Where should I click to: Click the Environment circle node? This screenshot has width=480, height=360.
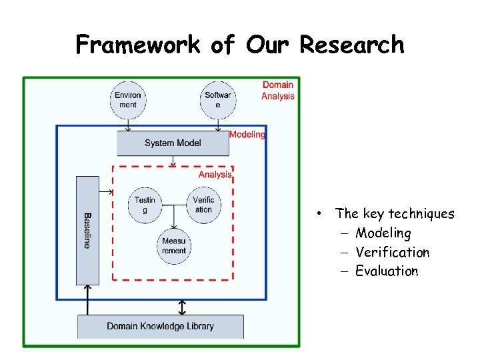click(128, 100)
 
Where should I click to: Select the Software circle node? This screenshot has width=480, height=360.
click(218, 100)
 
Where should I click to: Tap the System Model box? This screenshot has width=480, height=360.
click(173, 143)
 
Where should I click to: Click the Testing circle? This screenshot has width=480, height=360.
click(145, 205)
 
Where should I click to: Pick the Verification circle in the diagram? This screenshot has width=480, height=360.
click(203, 205)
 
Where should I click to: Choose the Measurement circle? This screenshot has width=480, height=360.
click(174, 246)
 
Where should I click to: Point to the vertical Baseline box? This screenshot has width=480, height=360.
click(87, 230)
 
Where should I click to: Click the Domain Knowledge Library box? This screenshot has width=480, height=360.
click(161, 326)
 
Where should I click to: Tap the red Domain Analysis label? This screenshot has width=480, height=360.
click(277, 91)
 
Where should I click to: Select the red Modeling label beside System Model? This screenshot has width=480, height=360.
click(247, 135)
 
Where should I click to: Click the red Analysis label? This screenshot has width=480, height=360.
click(215, 175)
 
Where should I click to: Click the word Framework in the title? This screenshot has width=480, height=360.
click(137, 45)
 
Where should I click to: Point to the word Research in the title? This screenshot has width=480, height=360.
click(352, 45)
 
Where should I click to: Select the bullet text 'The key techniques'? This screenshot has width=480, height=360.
click(395, 214)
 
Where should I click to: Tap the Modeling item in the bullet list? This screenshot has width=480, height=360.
click(383, 233)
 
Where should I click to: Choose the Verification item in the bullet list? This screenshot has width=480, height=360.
click(392, 252)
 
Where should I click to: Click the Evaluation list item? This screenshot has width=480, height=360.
click(387, 271)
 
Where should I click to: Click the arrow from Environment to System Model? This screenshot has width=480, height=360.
click(128, 125)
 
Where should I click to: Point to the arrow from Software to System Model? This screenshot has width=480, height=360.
click(218, 125)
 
